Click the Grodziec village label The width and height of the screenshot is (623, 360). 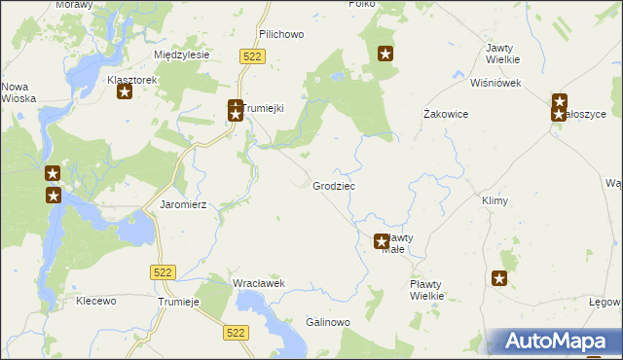pos(334,185)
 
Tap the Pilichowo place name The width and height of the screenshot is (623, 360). pos(281,34)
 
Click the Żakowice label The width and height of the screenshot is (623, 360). pos(447,114)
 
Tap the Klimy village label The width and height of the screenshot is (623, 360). pos(495,199)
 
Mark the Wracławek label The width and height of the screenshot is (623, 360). pos(258,283)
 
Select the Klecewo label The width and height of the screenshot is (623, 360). pos(95,302)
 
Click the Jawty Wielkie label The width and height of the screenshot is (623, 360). pos(501,54)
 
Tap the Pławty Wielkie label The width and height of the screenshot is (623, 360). pos(426,289)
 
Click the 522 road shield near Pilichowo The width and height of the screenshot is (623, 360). pos(252,57)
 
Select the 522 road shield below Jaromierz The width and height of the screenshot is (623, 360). pos(163,273)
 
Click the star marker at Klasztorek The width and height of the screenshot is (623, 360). pos(125,92)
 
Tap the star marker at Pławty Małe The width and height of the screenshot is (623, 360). pos(382,241)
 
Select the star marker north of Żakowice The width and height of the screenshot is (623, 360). pos(386,54)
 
